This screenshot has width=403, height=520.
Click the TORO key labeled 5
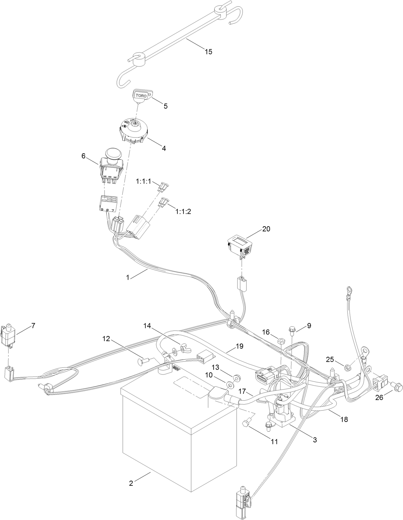tap(143, 96)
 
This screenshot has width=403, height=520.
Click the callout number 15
tap(208, 52)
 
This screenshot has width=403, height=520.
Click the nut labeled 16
tap(280, 341)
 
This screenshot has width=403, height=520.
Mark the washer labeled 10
tap(230, 384)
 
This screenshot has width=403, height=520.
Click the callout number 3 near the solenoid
tap(315, 440)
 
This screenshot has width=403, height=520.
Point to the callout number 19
tap(239, 346)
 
